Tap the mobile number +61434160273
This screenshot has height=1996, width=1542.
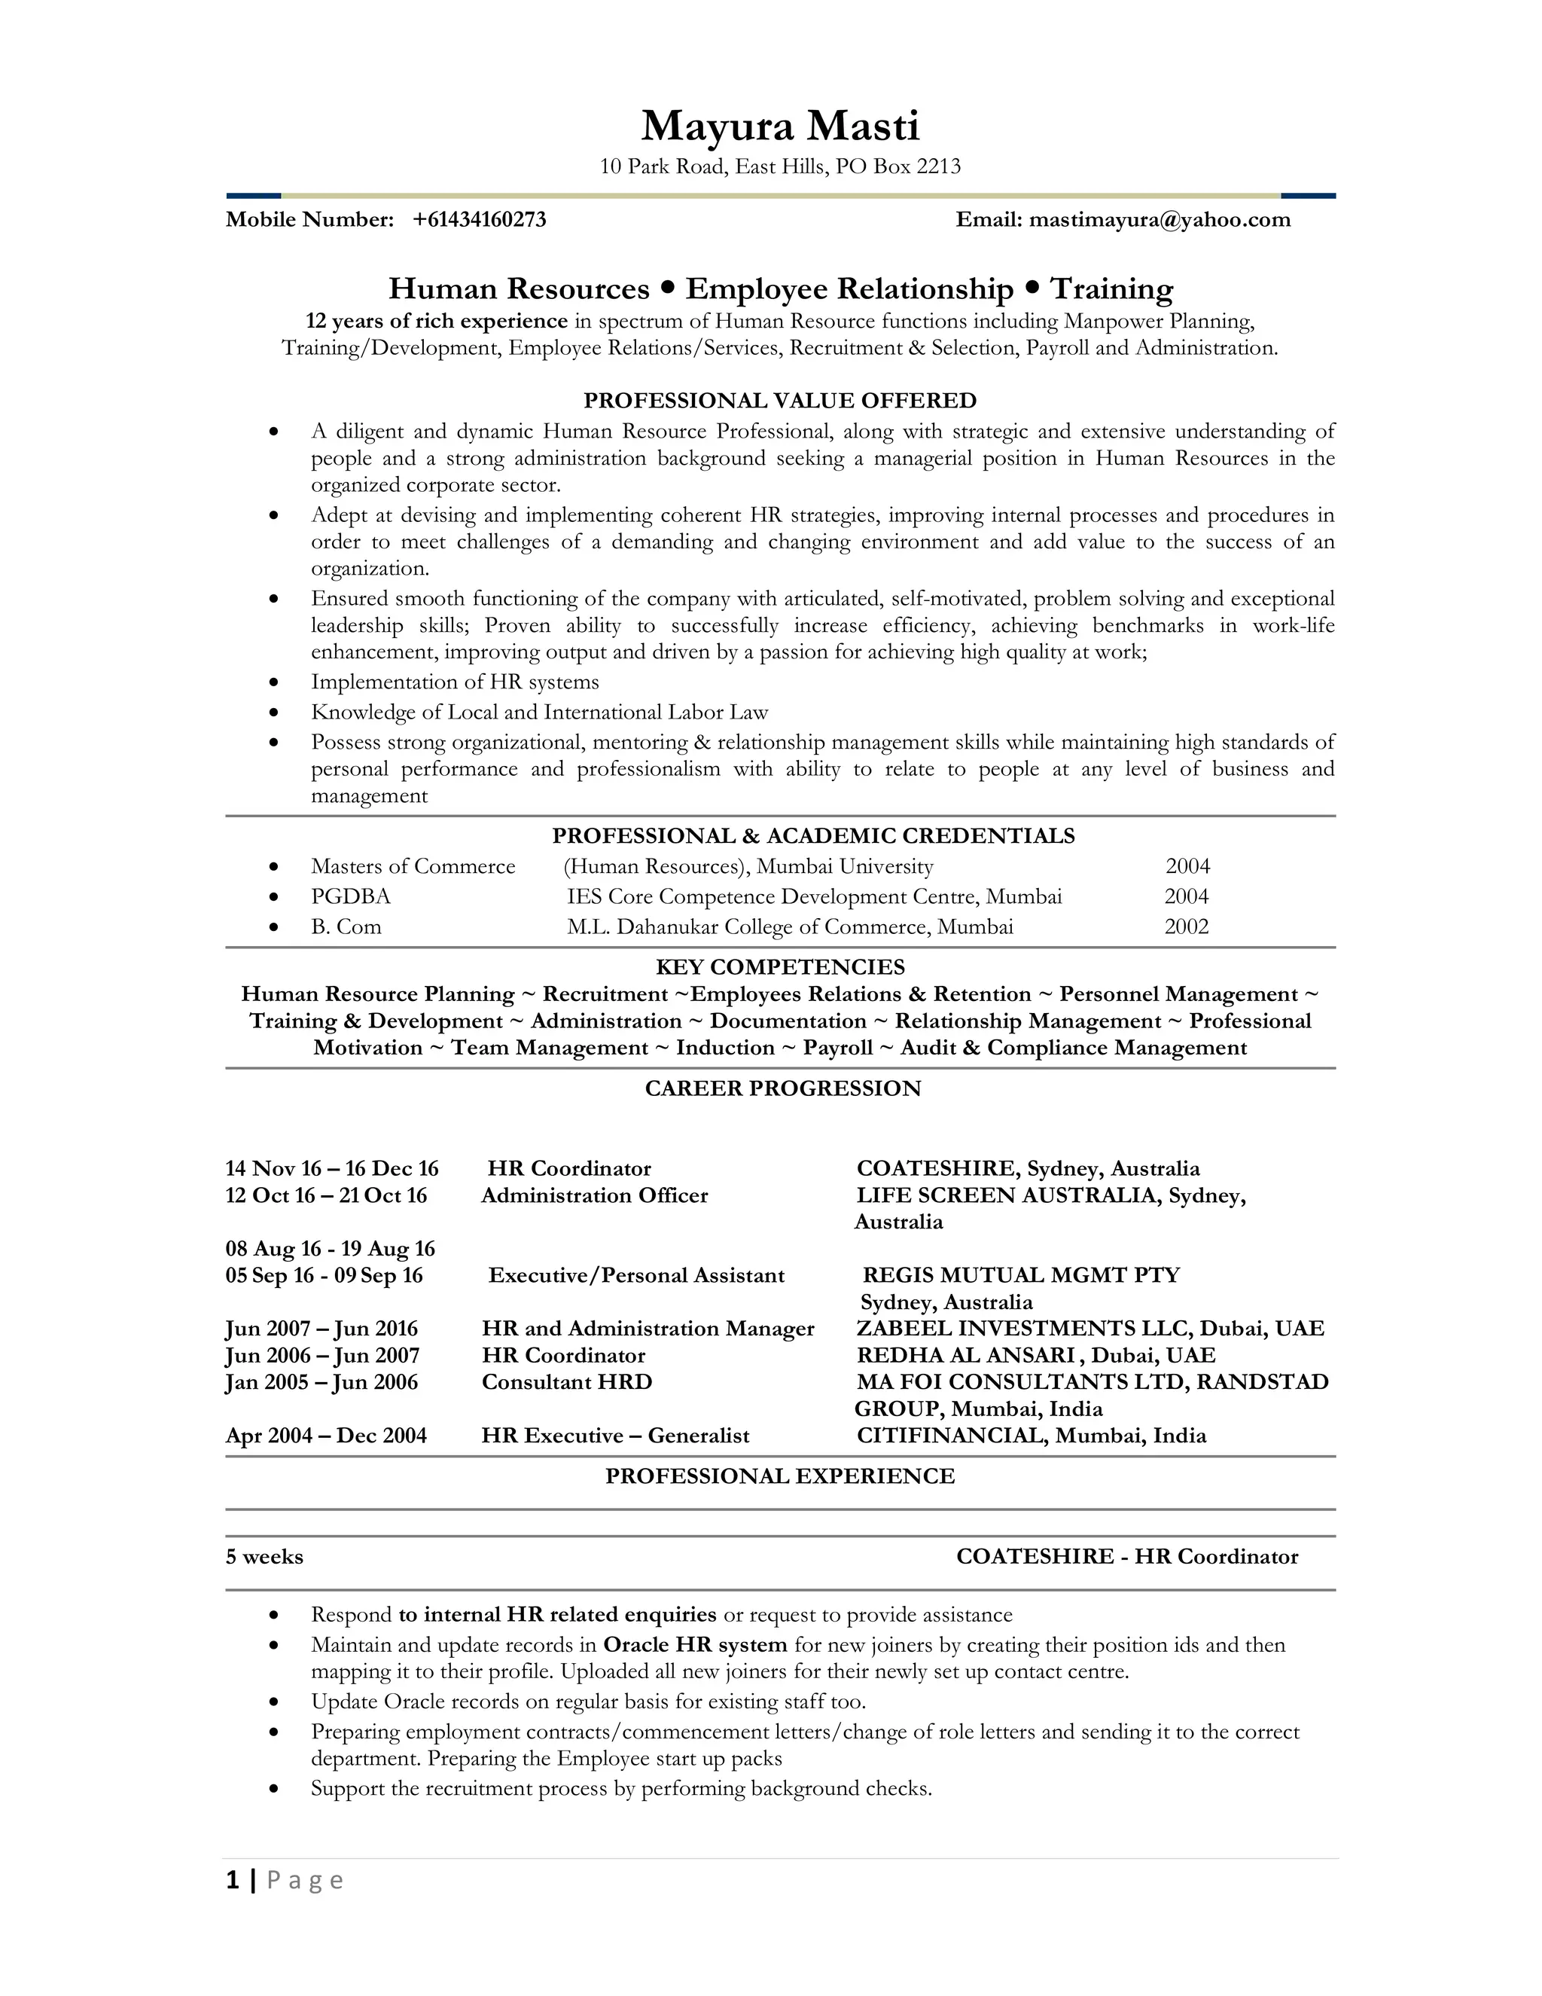click(x=479, y=219)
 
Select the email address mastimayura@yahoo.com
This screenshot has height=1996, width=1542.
click(x=1160, y=219)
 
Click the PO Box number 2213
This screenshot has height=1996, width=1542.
click(x=938, y=166)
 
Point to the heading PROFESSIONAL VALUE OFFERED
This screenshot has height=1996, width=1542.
click(x=779, y=400)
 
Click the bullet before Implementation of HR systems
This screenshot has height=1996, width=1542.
click(x=273, y=682)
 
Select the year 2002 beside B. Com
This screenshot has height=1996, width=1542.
click(x=1186, y=926)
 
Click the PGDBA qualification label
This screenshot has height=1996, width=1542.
click(x=350, y=896)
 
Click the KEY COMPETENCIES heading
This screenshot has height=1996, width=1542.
click(x=779, y=967)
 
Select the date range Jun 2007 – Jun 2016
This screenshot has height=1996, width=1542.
click(x=322, y=1328)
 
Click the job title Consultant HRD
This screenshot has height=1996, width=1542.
click(x=566, y=1382)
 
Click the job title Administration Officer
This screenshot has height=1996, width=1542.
click(x=594, y=1195)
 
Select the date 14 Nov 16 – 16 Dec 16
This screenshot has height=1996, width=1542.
click(x=331, y=1169)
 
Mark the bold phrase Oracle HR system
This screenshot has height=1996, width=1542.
click(x=694, y=1645)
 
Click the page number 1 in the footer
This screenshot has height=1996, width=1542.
click(x=233, y=1880)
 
